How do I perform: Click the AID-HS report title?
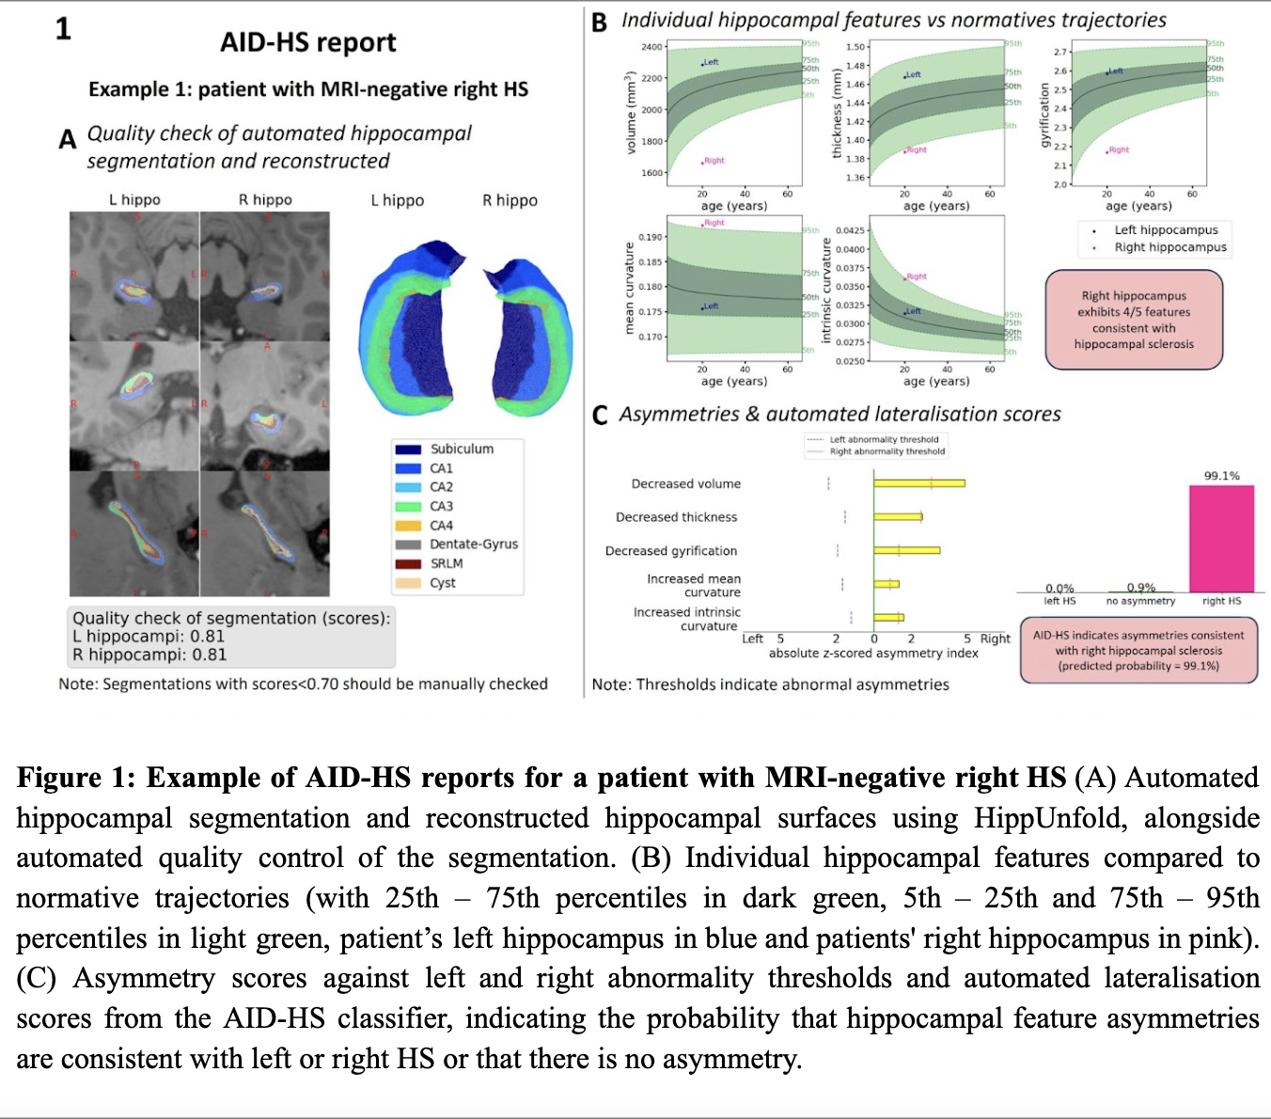tap(307, 42)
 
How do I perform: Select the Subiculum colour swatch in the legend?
tap(408, 449)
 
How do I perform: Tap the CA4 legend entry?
tap(441, 526)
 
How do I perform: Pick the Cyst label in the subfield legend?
tap(443, 583)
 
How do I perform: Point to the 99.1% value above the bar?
tap(1221, 476)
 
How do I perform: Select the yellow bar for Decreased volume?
tap(918, 483)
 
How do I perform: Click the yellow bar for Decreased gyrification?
tap(906, 550)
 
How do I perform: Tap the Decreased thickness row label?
tap(676, 517)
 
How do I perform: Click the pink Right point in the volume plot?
tap(703, 162)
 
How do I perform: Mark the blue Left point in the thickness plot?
tap(904, 76)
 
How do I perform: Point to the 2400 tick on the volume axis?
tap(651, 47)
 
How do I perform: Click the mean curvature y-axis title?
tap(629, 288)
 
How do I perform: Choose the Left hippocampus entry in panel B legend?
tap(1166, 230)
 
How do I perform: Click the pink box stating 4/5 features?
tap(1134, 320)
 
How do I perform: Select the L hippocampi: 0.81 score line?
tap(149, 637)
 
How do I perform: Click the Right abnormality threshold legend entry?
tap(887, 451)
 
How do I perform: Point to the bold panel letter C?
tap(600, 416)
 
